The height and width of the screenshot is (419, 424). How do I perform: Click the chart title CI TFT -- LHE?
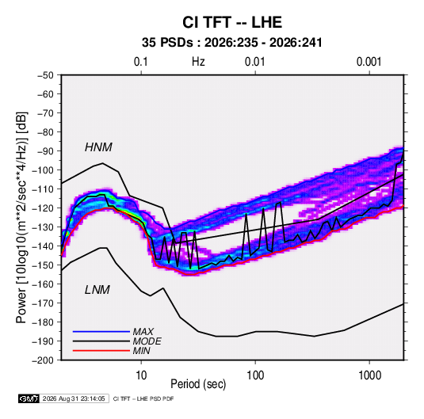(x=232, y=22)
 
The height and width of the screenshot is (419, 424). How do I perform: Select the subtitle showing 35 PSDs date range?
(x=232, y=43)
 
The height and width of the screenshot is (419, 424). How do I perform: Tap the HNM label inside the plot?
(x=98, y=147)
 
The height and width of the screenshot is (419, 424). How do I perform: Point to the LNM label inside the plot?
(x=97, y=290)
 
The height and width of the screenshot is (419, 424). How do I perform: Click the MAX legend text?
(x=143, y=331)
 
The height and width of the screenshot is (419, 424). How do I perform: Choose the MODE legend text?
(x=147, y=341)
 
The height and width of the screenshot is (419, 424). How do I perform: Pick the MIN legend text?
(x=141, y=351)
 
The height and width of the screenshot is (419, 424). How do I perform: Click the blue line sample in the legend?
(x=101, y=331)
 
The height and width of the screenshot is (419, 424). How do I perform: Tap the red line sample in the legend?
(x=101, y=351)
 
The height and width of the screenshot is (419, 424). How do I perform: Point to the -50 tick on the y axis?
(x=45, y=75)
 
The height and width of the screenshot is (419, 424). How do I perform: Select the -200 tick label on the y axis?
(x=43, y=360)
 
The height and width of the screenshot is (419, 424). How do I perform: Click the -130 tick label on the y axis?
(x=43, y=227)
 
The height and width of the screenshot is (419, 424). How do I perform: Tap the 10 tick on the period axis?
(x=141, y=375)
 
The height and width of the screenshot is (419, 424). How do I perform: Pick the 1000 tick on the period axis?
(x=369, y=375)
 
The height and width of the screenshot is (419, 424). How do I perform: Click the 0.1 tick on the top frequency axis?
(x=141, y=62)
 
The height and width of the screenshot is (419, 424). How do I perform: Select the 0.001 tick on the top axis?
(x=369, y=62)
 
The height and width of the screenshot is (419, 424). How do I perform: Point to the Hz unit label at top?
(x=198, y=62)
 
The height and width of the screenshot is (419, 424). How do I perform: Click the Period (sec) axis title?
(x=198, y=384)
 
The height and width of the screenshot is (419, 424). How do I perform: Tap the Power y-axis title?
(x=21, y=218)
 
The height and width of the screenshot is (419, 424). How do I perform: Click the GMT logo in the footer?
(x=29, y=398)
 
